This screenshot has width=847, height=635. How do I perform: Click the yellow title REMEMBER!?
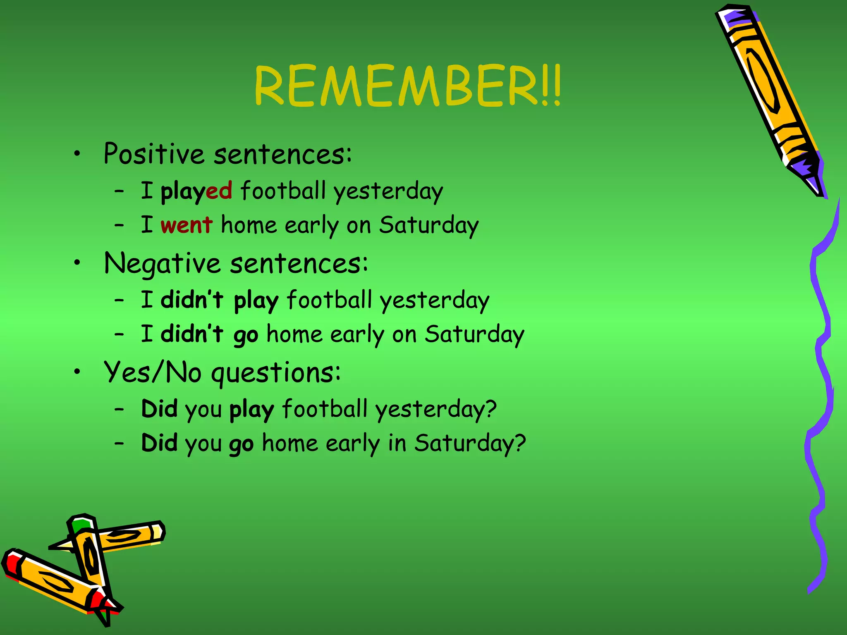click(407, 86)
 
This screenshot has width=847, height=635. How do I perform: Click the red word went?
click(187, 225)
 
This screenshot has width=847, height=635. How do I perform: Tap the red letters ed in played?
click(219, 191)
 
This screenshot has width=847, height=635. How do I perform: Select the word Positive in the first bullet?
click(153, 154)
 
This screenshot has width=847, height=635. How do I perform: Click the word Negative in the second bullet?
click(162, 264)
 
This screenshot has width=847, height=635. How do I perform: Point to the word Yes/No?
click(153, 372)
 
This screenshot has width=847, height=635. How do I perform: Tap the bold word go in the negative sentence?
click(246, 335)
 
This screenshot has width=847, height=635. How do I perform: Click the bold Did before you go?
click(159, 443)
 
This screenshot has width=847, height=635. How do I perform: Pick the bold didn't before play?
click(192, 300)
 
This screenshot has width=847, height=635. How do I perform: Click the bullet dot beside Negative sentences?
click(77, 263)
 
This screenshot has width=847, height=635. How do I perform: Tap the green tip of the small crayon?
click(80, 526)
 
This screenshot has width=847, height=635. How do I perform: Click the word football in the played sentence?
click(282, 191)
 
